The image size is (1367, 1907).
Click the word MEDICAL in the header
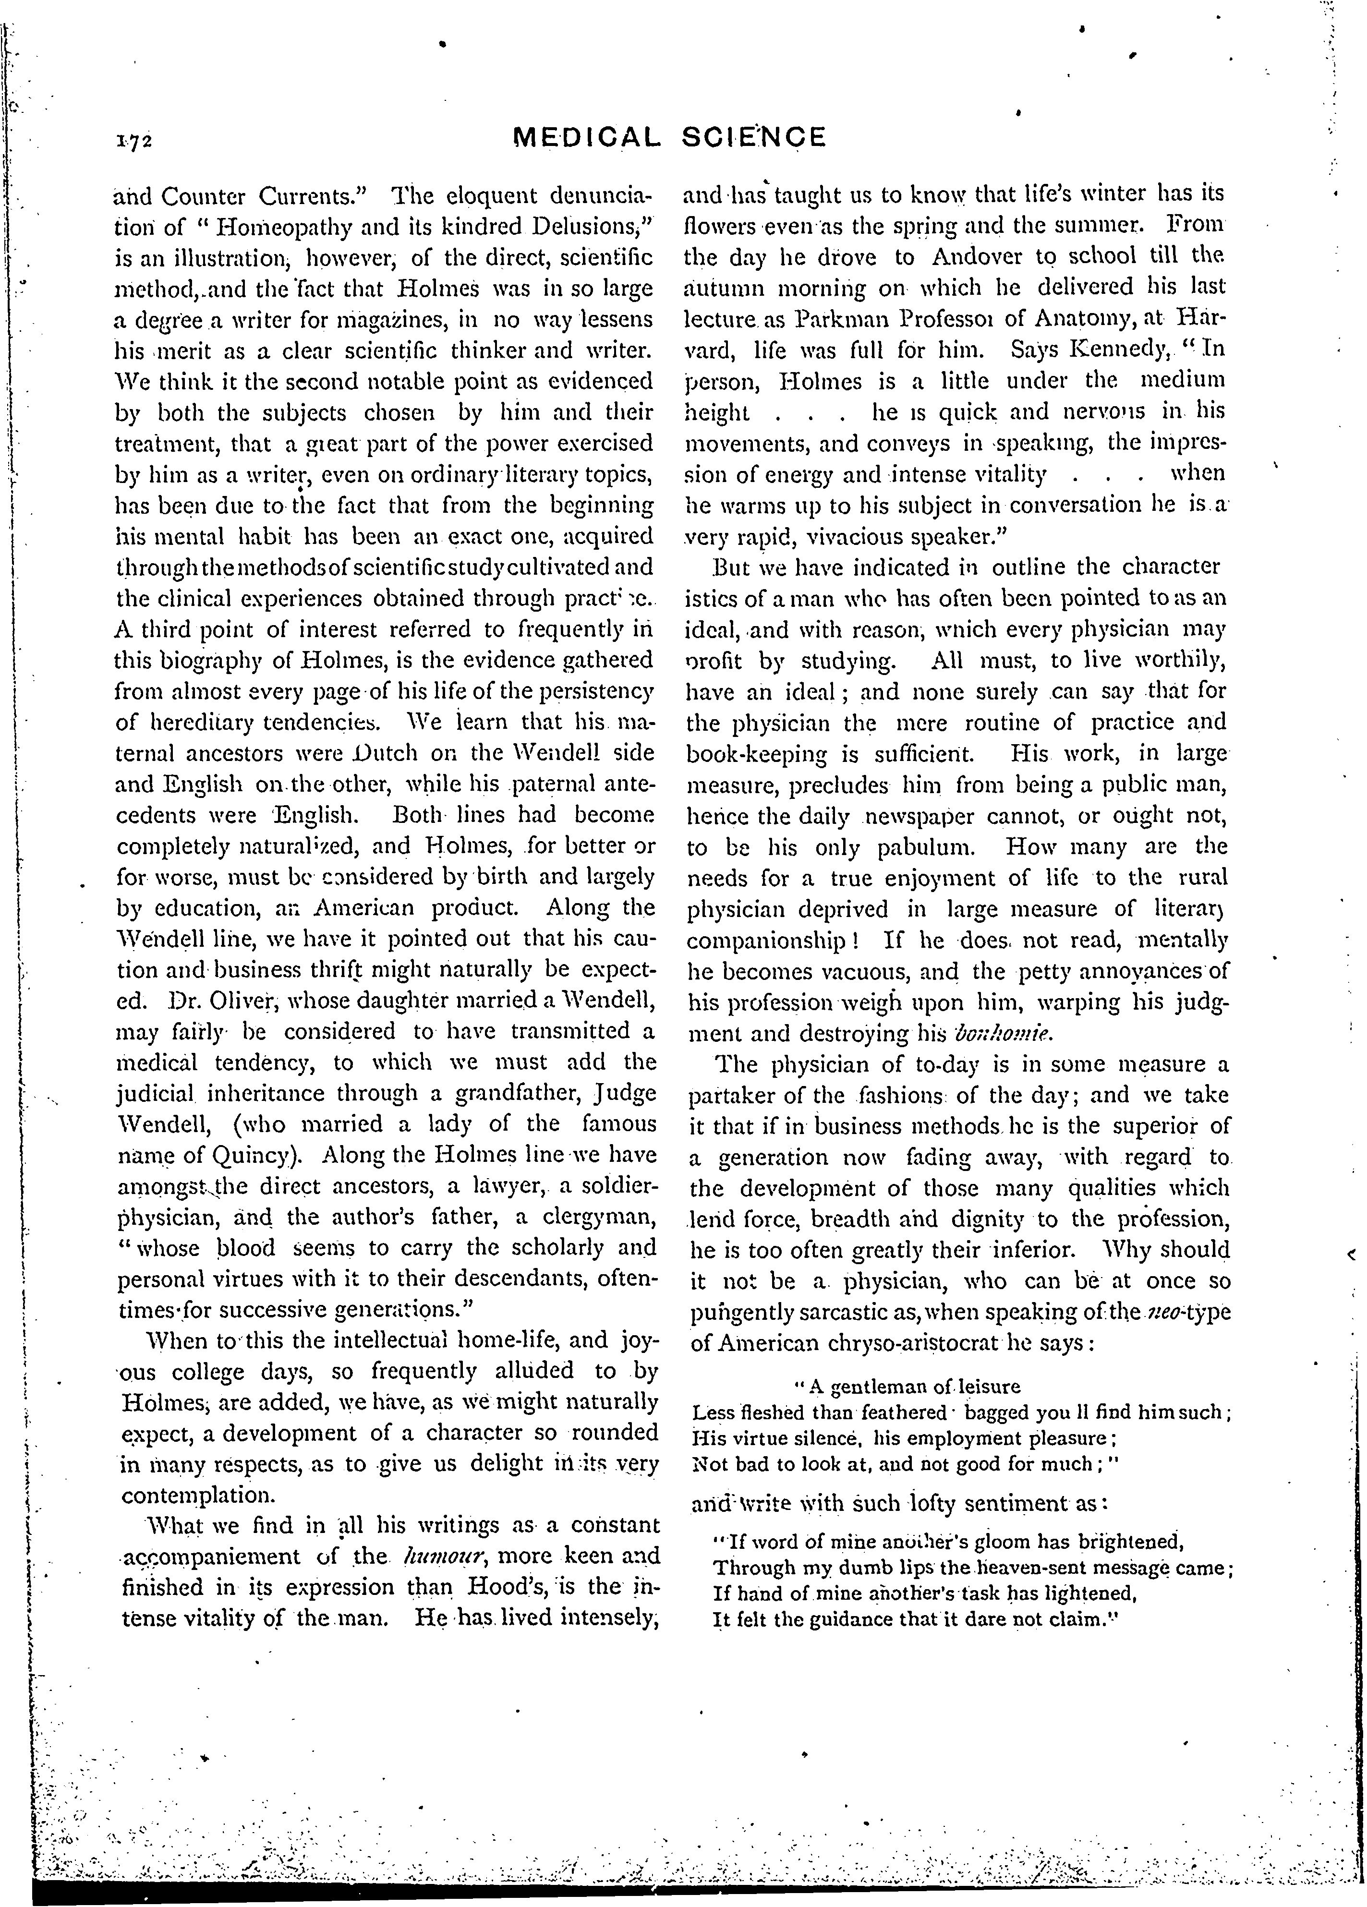(585, 137)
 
